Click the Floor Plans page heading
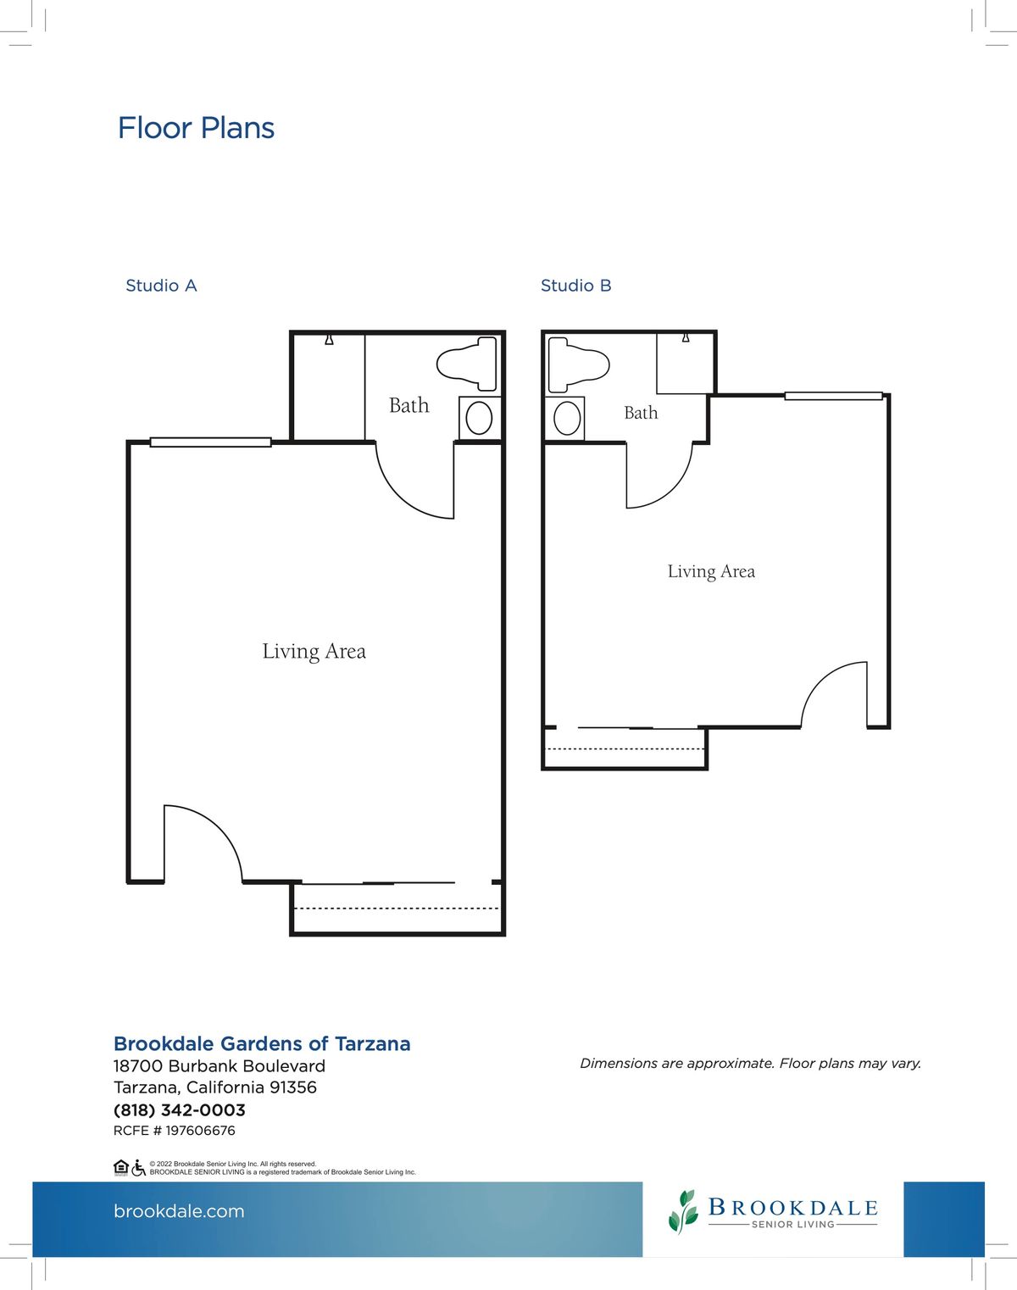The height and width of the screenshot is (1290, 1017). [196, 128]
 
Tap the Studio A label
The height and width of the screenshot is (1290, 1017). [161, 286]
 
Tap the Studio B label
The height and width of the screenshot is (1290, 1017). [576, 286]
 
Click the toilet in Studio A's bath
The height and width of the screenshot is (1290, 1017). [467, 364]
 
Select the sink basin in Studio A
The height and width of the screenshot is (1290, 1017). [479, 418]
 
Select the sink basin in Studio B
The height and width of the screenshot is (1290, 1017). [567, 418]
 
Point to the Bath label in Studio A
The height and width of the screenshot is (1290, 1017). [408, 406]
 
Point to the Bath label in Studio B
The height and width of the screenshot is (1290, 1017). [641, 413]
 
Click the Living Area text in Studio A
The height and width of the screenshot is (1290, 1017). [314, 652]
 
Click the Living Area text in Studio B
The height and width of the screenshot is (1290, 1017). [711, 572]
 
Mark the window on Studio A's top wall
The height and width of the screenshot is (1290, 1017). [210, 442]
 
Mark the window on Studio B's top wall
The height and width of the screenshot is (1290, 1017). [834, 396]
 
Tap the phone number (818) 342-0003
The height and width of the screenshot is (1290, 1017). [179, 1111]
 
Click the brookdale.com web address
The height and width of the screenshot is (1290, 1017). [179, 1211]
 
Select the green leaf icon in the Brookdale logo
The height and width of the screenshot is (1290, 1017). [683, 1211]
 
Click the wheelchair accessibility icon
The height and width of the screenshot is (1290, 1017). [138, 1168]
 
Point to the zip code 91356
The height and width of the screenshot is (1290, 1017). [293, 1087]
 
